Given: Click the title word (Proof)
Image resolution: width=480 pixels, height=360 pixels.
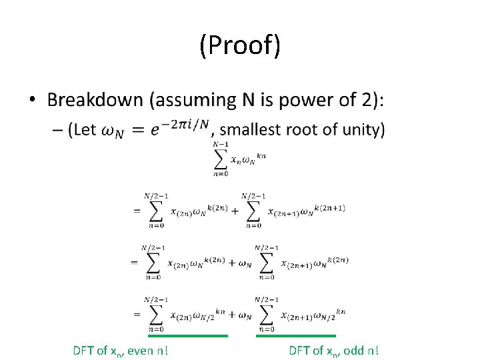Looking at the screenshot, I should click(x=240, y=46).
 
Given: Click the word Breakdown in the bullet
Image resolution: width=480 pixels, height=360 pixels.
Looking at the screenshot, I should click(x=95, y=101).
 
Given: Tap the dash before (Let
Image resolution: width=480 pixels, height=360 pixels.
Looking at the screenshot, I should click(x=55, y=130).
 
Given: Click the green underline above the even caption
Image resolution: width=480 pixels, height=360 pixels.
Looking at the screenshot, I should click(x=187, y=336).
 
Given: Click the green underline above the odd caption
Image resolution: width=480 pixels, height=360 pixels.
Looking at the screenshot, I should click(x=295, y=336).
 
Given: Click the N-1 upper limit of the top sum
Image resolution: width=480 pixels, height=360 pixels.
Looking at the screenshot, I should click(x=220, y=145).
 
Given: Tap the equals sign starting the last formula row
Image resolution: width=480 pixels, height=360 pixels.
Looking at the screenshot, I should click(x=136, y=314).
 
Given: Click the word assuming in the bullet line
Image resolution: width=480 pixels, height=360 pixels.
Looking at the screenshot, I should click(x=193, y=101).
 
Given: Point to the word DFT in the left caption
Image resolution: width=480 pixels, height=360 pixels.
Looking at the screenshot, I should click(x=85, y=350).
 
